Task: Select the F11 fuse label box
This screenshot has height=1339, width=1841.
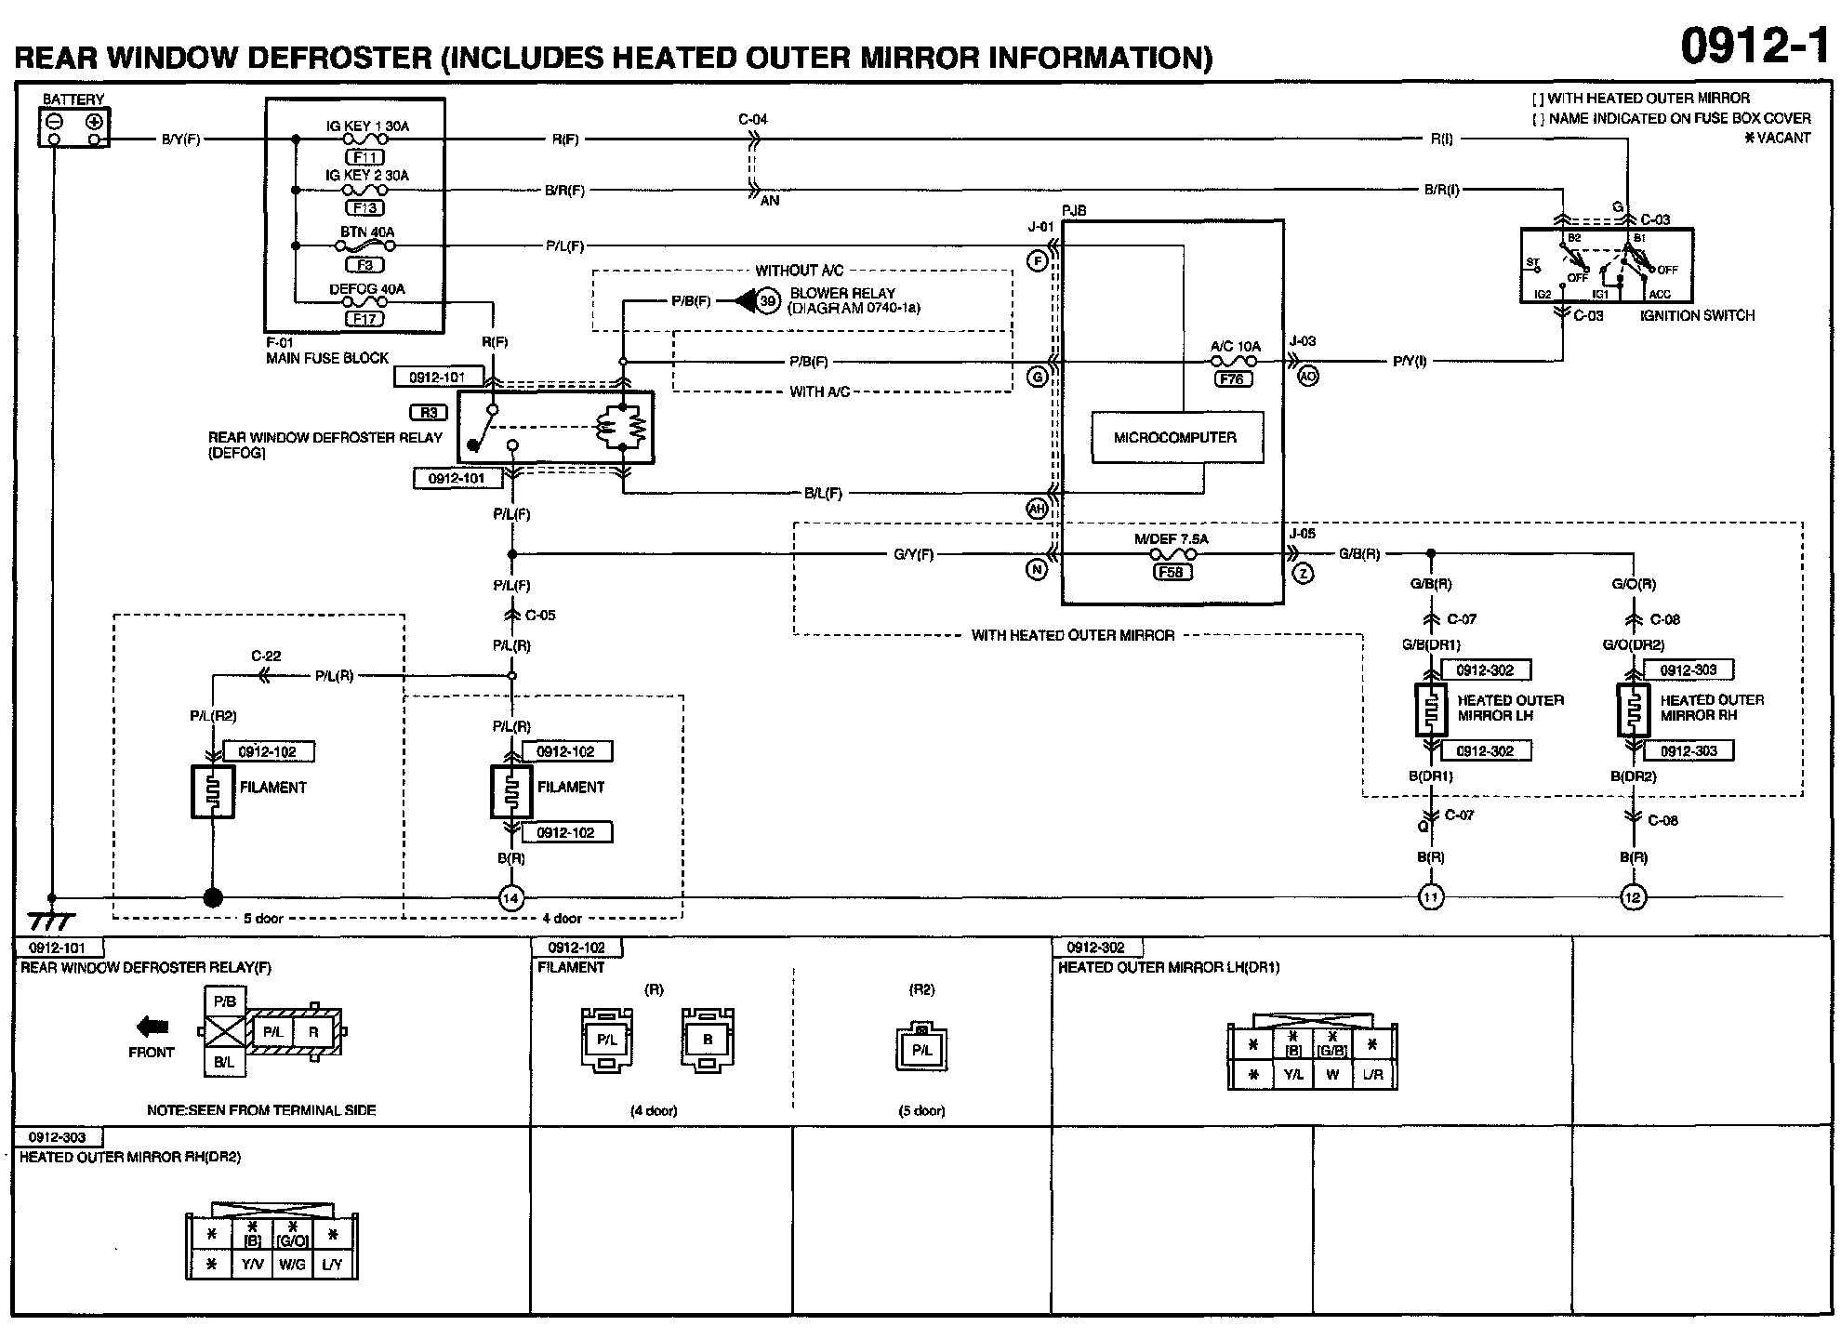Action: click(364, 157)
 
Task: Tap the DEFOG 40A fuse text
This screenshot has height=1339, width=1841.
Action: click(366, 289)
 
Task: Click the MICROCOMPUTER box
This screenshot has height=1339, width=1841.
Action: click(1175, 437)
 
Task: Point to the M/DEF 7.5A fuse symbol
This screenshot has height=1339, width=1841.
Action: click(1171, 555)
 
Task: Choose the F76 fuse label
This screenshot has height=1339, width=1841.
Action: click(1232, 378)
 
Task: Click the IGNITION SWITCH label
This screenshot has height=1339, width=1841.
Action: click(1697, 315)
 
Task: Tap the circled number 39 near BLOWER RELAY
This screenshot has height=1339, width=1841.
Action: click(767, 301)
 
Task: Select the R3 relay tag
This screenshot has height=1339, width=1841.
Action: click(429, 412)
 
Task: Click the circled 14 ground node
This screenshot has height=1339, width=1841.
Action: click(510, 898)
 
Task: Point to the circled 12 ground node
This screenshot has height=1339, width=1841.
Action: click(1633, 897)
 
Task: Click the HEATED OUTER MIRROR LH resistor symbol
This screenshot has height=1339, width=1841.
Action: click(1431, 710)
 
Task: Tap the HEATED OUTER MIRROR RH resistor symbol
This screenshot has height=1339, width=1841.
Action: click(1634, 710)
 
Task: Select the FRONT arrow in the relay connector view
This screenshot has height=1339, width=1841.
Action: click(152, 1027)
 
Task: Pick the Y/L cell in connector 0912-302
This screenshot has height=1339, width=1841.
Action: click(1292, 1075)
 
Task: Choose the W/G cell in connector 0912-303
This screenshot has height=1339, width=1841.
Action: click(292, 1265)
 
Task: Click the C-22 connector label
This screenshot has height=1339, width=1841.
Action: click(265, 656)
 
